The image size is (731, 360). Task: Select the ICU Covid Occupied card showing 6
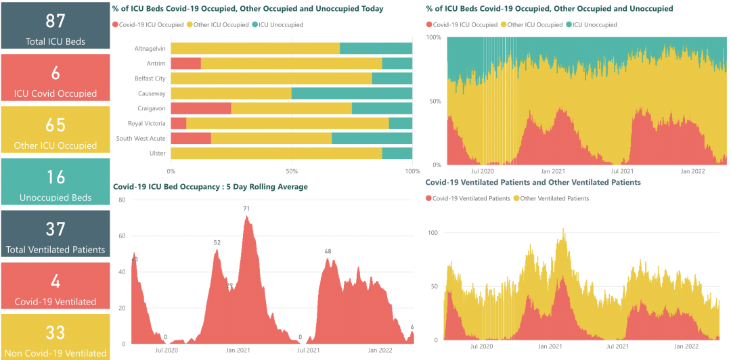point(56,77)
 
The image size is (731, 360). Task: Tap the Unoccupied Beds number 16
point(56,177)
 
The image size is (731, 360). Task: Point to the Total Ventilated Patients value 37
point(56,229)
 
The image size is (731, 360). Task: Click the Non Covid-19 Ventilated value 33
point(56,333)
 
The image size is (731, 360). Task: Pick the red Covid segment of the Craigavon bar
point(200,108)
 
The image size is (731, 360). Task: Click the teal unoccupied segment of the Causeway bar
point(351,93)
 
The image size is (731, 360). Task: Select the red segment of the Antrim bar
point(185,63)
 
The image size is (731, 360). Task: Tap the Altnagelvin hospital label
point(150,48)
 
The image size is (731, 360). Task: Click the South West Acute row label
point(141,138)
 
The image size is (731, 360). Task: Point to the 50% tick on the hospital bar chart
point(292,171)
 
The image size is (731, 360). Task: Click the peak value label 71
point(247,208)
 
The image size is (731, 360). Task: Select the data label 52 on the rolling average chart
point(217,242)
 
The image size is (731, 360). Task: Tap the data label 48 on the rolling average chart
point(328,251)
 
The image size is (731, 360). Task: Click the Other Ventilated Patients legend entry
point(554,198)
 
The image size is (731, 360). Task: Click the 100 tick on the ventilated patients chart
point(433,232)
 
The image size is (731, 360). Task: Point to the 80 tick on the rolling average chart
point(122,200)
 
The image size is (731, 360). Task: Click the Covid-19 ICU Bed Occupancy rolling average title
point(211,187)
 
